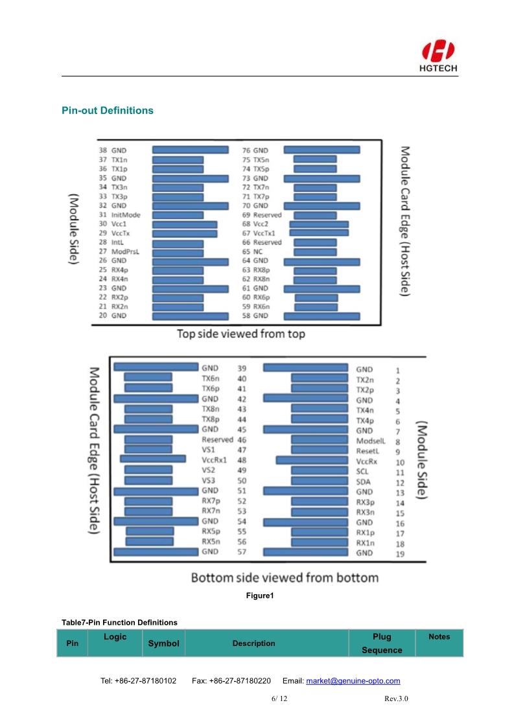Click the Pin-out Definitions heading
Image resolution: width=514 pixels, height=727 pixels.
(108, 110)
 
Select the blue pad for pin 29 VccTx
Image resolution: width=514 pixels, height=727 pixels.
(185, 233)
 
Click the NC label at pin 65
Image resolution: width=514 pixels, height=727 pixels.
(257, 251)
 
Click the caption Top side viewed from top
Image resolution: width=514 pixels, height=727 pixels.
(241, 334)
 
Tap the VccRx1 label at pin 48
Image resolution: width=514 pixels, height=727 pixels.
(214, 459)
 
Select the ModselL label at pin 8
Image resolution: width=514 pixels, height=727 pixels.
(371, 441)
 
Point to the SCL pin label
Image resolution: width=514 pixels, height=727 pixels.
(363, 472)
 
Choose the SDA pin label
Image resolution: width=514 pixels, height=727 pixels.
(363, 482)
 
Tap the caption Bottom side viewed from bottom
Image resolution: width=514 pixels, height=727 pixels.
(285, 577)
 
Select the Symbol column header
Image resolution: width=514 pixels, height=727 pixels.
(163, 643)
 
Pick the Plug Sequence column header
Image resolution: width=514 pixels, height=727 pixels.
(382, 643)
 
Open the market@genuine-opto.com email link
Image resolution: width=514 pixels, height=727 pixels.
(353, 681)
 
